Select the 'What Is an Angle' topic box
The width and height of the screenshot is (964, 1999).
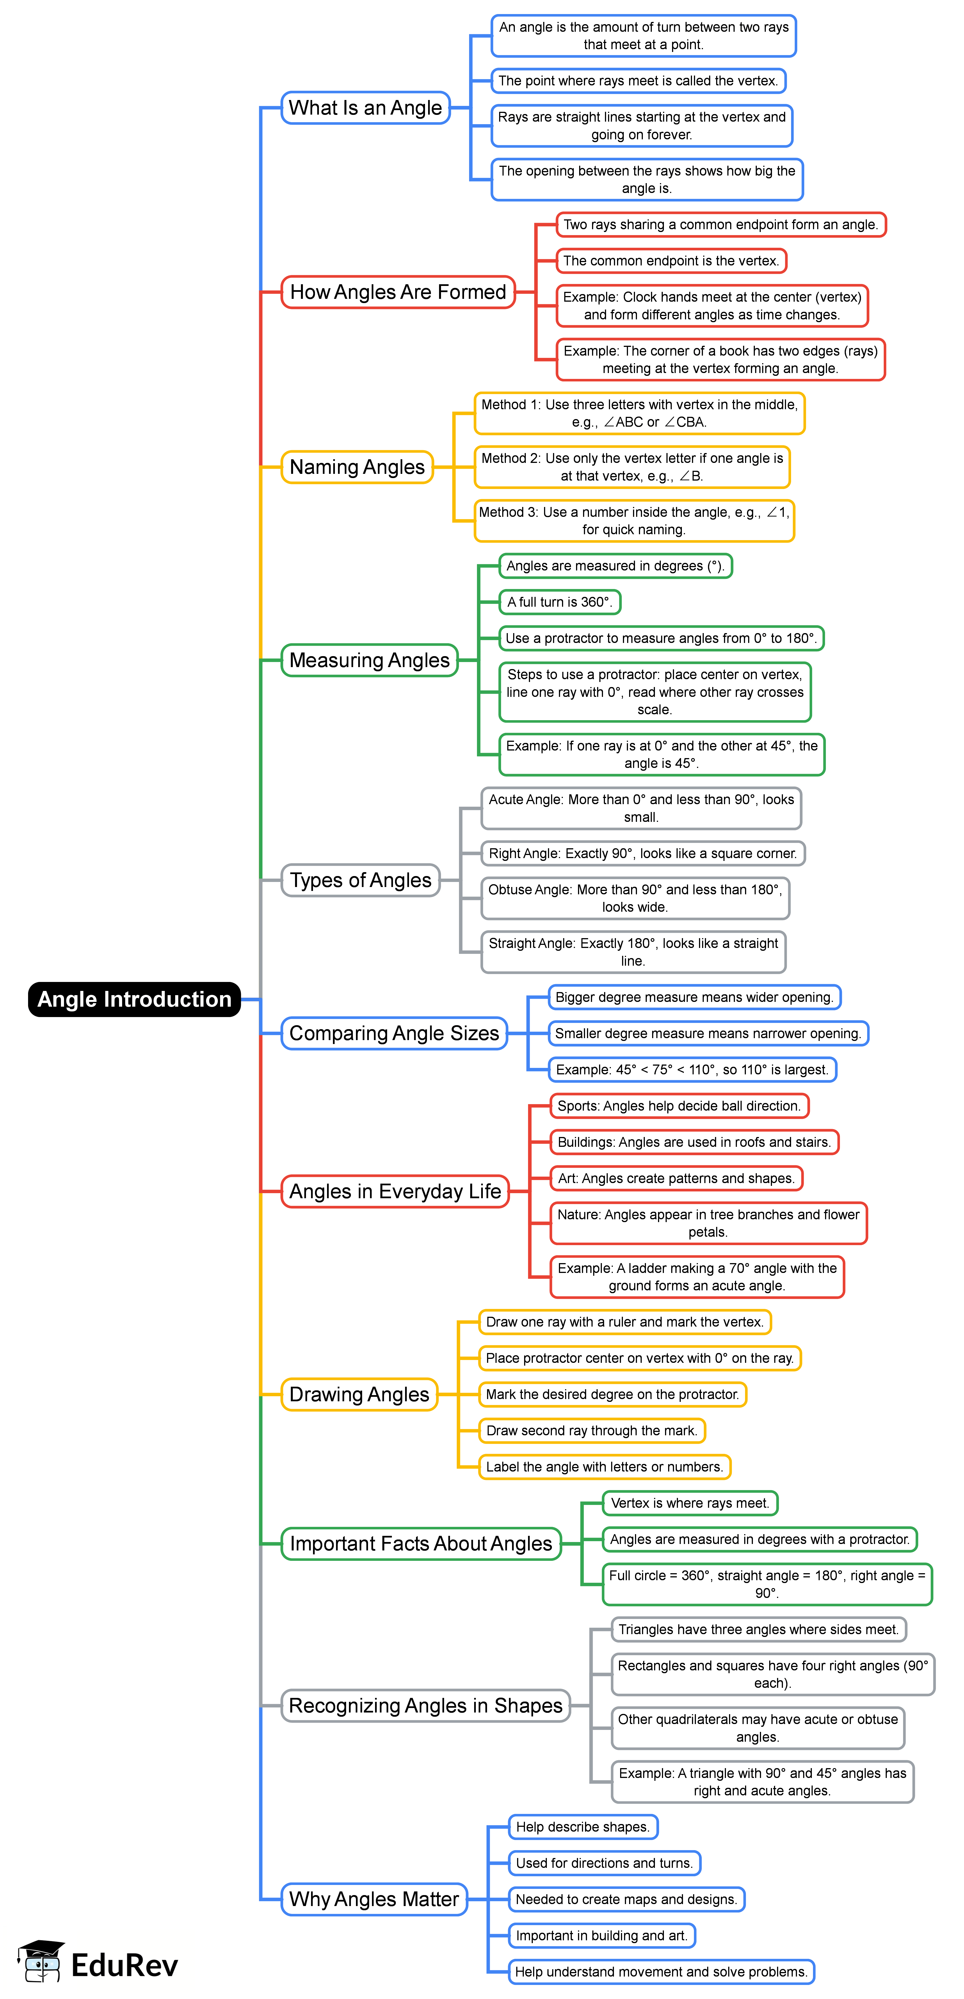[x=365, y=108]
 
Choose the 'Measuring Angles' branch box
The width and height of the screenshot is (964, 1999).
[x=369, y=660]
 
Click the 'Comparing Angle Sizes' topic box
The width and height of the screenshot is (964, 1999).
[x=394, y=1034]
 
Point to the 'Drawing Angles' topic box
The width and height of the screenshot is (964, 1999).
[x=359, y=1395]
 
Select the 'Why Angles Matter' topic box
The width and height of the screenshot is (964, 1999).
[x=374, y=1899]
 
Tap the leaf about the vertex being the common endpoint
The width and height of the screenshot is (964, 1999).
[x=671, y=261]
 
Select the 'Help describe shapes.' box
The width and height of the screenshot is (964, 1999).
[x=582, y=1827]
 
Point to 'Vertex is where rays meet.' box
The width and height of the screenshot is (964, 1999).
[x=689, y=1503]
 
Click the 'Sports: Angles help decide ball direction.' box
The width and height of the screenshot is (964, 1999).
[x=679, y=1106]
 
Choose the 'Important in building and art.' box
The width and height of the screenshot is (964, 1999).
[x=602, y=1935]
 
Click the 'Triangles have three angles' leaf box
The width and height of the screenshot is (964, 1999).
[x=759, y=1630]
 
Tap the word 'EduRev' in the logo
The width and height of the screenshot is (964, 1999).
[x=124, y=1965]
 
